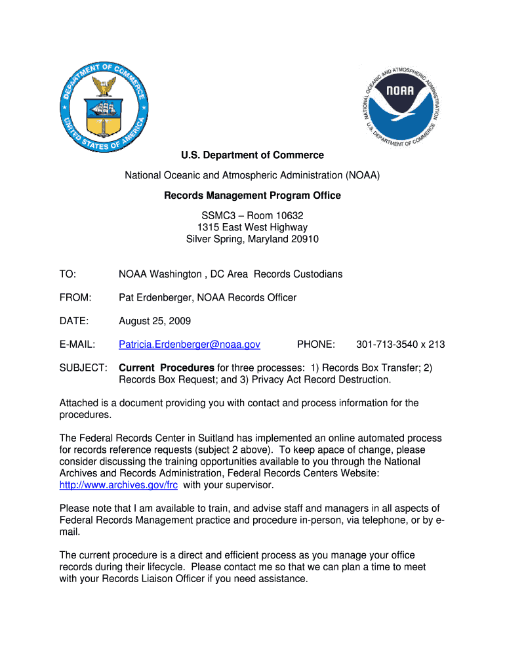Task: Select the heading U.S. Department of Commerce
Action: click(x=253, y=156)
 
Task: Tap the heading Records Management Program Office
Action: click(x=253, y=196)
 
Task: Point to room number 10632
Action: click(x=288, y=215)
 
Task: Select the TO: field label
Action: click(x=68, y=274)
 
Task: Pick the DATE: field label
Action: click(x=74, y=322)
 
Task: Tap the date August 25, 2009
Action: click(x=155, y=322)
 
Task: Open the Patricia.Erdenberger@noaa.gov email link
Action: click(x=190, y=345)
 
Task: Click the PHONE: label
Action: click(x=316, y=345)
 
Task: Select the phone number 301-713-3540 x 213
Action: click(x=400, y=345)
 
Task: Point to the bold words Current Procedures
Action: click(x=167, y=367)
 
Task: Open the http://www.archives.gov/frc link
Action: click(x=119, y=486)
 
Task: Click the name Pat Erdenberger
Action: click(x=155, y=298)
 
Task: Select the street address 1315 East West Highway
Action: click(x=253, y=228)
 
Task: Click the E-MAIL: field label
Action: click(x=77, y=345)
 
